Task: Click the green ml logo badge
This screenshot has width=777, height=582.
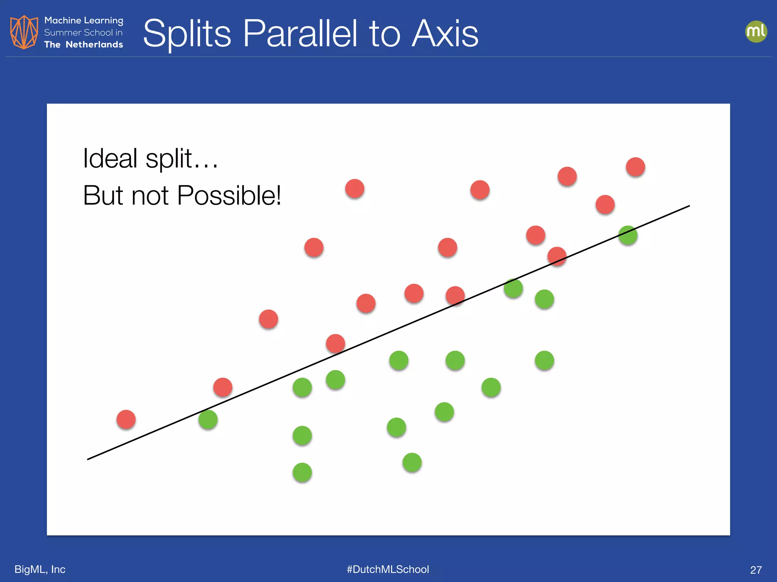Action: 756,31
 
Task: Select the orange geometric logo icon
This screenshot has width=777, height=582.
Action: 24,32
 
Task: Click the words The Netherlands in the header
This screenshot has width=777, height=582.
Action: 83,45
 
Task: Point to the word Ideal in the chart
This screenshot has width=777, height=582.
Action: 110,158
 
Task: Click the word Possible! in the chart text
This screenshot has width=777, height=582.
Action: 229,196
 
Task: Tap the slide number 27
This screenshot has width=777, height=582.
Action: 756,570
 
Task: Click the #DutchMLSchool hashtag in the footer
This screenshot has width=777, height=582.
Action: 388,569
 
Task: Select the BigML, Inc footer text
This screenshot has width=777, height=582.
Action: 40,569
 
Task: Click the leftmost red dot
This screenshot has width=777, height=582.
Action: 126,419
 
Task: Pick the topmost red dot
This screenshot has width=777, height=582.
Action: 635,167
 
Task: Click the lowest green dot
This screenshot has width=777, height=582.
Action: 302,472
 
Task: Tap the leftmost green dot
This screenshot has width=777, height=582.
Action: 208,419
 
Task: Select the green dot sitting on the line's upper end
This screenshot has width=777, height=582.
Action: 628,235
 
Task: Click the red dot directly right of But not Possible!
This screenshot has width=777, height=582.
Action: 355,188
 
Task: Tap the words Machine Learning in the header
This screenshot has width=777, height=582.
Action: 83,20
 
